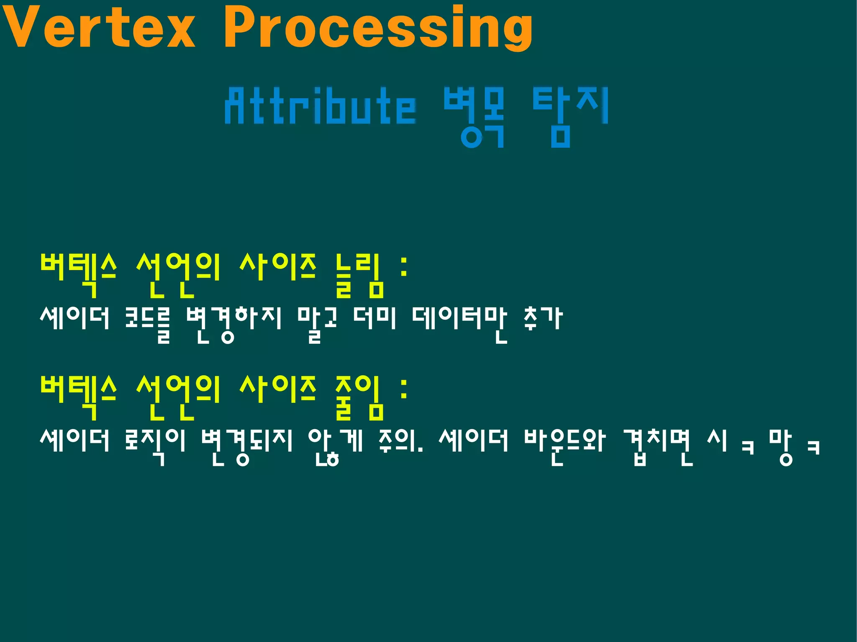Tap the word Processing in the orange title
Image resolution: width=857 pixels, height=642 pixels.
pyautogui.click(x=378, y=28)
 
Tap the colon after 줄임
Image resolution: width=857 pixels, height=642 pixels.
pyautogui.click(x=404, y=389)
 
